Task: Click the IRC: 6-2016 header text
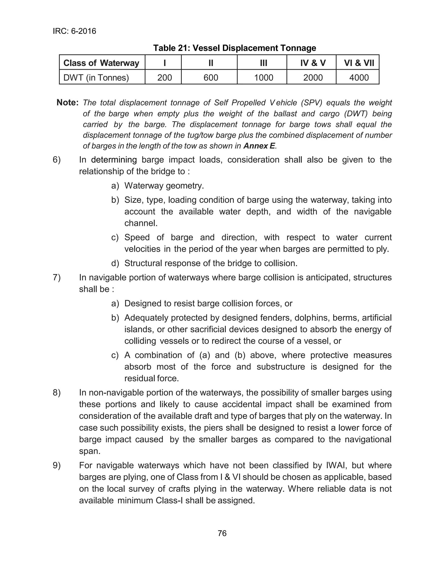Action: click(74, 31)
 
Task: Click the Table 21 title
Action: click(234, 48)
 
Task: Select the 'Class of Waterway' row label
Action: click(101, 63)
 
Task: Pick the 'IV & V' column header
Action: click(313, 63)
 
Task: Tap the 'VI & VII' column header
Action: click(359, 63)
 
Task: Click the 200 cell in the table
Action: click(164, 78)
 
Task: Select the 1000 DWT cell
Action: click(263, 78)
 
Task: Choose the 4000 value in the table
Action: click(359, 78)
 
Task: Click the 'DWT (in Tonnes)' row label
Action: click(96, 78)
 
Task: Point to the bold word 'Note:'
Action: click(67, 103)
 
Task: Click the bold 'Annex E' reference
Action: click(259, 146)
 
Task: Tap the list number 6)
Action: click(57, 160)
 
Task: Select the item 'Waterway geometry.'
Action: click(164, 186)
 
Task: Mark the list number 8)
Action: click(57, 393)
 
